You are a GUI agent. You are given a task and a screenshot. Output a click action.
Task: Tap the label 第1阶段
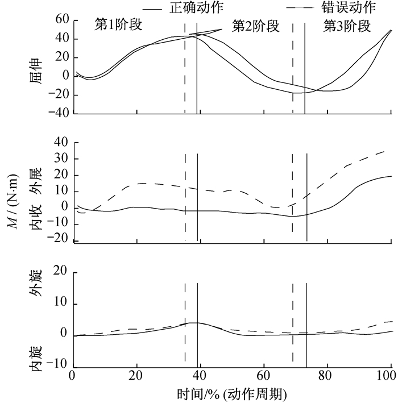(118, 26)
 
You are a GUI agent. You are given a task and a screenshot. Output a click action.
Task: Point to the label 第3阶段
(347, 26)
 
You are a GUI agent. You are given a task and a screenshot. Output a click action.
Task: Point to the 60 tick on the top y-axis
(61, 20)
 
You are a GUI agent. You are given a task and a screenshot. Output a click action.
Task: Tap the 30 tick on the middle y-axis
(61, 159)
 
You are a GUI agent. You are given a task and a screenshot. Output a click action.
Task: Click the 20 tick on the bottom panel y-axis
(61, 273)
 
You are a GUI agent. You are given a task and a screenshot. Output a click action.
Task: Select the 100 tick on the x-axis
(389, 376)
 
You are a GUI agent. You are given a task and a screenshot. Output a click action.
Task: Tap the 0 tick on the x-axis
(72, 376)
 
